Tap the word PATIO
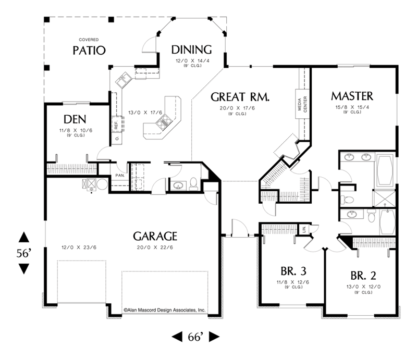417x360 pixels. click(89, 51)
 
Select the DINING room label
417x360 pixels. click(191, 49)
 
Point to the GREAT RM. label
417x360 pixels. click(240, 96)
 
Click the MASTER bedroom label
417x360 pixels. click(352, 96)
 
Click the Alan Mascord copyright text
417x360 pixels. click(165, 309)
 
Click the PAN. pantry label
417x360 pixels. click(119, 176)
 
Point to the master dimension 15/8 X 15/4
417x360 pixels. click(352, 107)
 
